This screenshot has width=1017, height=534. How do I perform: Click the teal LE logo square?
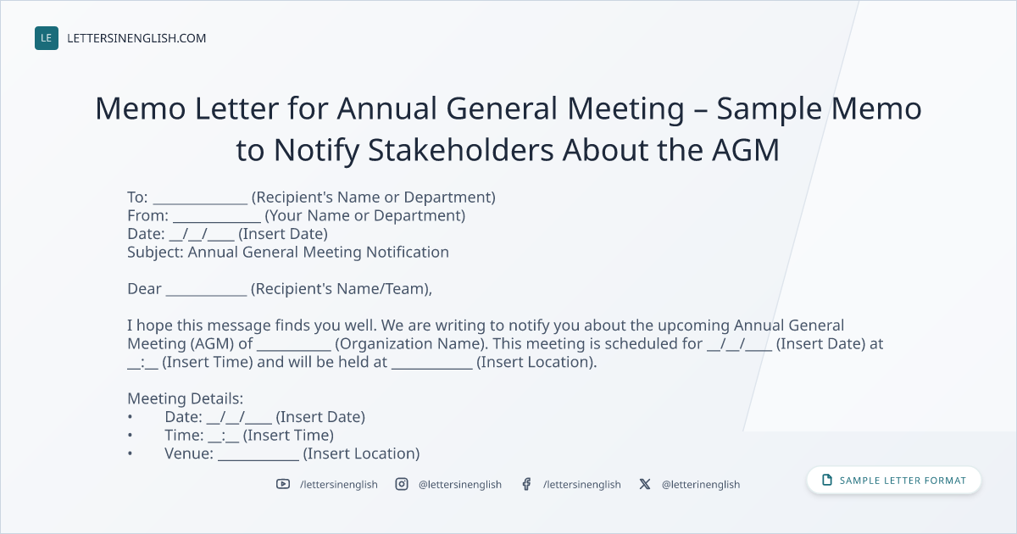click(x=47, y=38)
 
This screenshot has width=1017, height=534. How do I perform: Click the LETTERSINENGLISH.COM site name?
click(x=136, y=38)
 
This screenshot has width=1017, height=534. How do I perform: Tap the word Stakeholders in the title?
click(x=461, y=150)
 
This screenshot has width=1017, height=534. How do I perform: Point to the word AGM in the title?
click(x=746, y=150)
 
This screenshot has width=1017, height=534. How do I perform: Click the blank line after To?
click(x=200, y=203)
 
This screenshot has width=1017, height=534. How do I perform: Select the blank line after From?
click(x=217, y=221)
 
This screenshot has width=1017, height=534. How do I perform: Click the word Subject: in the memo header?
click(x=155, y=253)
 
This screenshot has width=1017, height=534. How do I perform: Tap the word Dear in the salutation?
click(x=144, y=289)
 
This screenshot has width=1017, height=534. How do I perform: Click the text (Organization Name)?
click(x=411, y=344)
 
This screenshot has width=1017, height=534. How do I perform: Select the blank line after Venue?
click(x=258, y=459)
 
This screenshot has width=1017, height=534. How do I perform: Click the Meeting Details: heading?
click(x=186, y=398)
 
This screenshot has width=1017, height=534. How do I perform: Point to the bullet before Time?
click(x=131, y=435)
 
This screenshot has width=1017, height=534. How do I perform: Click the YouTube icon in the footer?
click(x=283, y=484)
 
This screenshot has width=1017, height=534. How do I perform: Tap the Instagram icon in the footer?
click(x=402, y=484)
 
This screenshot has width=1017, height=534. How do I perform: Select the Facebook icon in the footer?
click(x=526, y=484)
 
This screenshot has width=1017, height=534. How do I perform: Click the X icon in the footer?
click(x=645, y=484)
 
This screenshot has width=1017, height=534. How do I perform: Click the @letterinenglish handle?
click(x=701, y=485)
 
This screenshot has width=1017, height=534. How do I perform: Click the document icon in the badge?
click(x=827, y=480)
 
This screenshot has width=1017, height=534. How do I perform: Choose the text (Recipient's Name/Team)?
click(x=342, y=289)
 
